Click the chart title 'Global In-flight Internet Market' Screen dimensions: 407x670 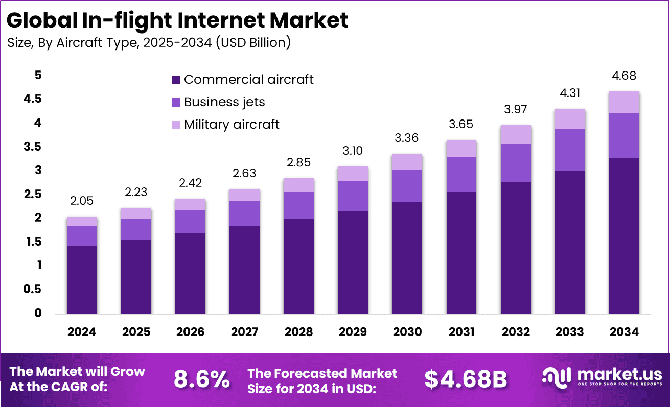click(177, 20)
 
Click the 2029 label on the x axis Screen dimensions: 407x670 click(353, 332)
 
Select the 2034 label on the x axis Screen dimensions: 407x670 click(624, 332)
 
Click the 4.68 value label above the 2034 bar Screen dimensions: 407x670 click(624, 77)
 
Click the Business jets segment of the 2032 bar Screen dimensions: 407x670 click(516, 163)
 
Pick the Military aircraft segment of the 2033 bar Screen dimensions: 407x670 click(570, 119)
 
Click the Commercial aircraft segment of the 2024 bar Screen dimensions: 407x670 click(82, 279)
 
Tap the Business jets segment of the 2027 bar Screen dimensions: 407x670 click(245, 213)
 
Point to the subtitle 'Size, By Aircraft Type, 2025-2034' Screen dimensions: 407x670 click(149, 43)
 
